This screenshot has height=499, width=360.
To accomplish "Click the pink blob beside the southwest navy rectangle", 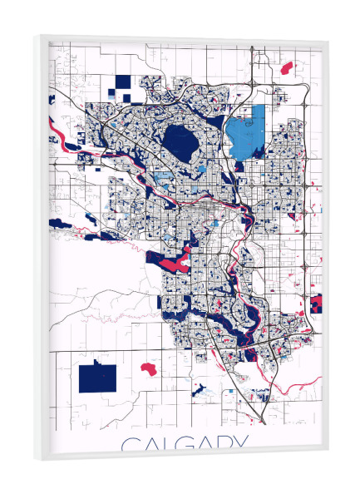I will [x=150, y=368].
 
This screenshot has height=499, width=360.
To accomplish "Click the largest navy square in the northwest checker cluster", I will [x=123, y=82].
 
